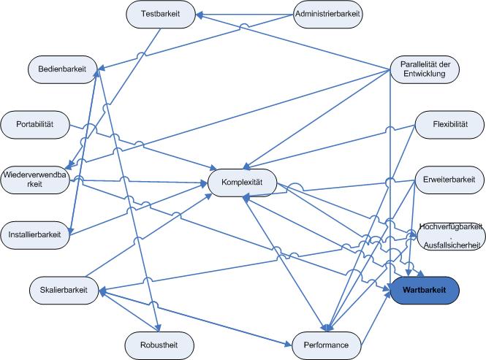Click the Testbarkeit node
161,15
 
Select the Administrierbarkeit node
328,15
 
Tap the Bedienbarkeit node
63,69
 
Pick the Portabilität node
35,125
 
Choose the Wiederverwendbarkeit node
35,180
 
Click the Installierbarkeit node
35,235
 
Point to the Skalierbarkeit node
64,291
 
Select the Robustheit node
159,345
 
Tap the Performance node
327,345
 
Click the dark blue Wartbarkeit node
425,291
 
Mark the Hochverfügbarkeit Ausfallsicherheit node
451,236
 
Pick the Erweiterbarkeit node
449,180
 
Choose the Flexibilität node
449,125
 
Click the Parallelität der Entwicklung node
425,69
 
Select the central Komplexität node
242,183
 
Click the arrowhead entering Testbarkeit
200,15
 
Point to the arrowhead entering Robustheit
159,328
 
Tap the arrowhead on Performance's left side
288,344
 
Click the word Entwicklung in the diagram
425,74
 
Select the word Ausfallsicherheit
452,245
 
